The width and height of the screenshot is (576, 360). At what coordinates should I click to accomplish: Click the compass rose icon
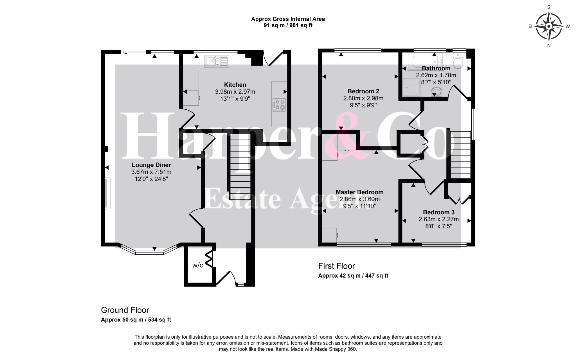[549, 26]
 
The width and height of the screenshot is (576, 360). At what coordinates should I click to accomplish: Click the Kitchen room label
[235, 85]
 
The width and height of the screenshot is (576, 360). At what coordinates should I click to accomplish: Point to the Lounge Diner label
[151, 165]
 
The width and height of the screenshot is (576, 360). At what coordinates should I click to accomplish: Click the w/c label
[198, 265]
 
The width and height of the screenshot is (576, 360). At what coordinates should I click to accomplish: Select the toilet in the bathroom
[458, 61]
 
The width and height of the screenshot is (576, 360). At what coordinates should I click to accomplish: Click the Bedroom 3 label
[439, 212]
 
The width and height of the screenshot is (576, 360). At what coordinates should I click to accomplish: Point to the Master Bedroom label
[360, 192]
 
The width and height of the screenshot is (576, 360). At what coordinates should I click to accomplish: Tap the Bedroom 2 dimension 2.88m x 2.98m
[363, 98]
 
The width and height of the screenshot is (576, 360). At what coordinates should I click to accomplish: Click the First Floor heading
[337, 266]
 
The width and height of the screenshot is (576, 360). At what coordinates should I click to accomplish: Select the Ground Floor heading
[125, 310]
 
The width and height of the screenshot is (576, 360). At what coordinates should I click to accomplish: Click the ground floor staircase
[240, 167]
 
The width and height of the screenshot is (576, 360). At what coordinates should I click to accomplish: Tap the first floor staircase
[461, 155]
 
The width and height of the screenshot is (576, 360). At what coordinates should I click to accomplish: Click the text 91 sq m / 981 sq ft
[288, 25]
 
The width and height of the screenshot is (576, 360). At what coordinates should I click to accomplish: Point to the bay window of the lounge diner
[149, 250]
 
